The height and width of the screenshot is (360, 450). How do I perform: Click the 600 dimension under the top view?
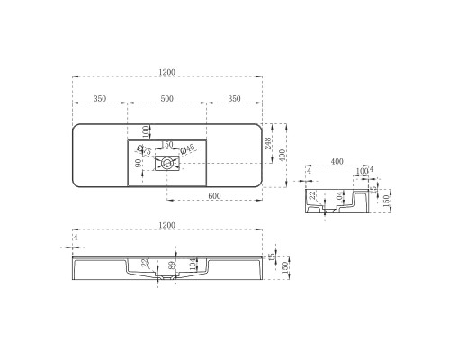point(215,196)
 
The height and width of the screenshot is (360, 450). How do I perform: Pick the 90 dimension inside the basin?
point(138,164)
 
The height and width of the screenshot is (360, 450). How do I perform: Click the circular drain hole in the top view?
point(167,163)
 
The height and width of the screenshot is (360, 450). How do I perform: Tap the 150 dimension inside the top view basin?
point(166,144)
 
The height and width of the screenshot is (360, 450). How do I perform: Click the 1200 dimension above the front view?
point(166,226)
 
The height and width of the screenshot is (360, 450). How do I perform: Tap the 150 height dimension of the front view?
point(285,265)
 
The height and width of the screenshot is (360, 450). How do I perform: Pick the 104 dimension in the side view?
point(338,196)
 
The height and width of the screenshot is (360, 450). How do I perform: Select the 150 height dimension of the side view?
point(386,199)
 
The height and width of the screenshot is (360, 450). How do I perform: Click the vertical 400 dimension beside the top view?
point(284,155)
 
